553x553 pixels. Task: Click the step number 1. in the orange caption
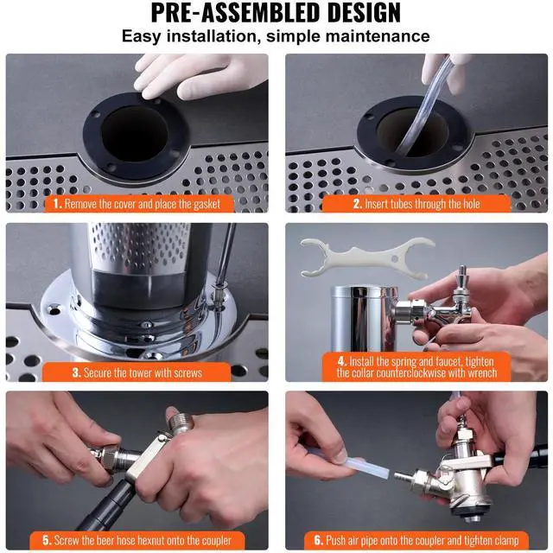click(58, 204)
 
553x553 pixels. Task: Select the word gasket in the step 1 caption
click(207, 204)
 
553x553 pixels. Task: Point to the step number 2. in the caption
click(358, 204)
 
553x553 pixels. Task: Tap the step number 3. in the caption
click(77, 372)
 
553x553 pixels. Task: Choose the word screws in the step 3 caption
click(187, 372)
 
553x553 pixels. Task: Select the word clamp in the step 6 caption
click(505, 540)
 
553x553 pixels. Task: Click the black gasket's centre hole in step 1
click(135, 133)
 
